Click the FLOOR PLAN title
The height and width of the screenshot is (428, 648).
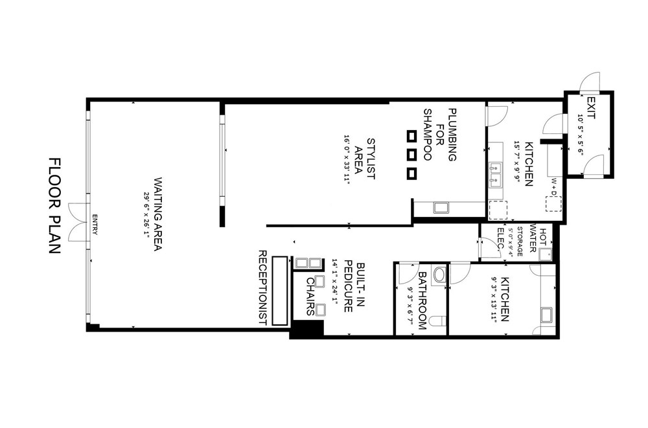coord(55,206)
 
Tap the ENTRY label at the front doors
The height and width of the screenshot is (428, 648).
coord(95,224)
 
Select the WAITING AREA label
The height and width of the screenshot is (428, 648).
coord(158,214)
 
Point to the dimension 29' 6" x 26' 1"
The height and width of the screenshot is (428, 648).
coord(146,214)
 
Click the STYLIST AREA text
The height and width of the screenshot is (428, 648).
coord(365,159)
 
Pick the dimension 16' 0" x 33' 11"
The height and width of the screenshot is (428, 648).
coord(347,159)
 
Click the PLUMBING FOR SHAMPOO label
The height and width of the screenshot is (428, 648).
coord(440,135)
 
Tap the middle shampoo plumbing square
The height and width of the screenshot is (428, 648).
coord(411,155)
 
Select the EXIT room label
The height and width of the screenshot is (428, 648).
coord(591,108)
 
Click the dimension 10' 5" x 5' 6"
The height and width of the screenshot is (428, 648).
coord(580,134)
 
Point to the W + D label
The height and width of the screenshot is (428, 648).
coord(554,186)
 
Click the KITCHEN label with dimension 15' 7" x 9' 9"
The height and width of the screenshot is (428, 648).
coord(529,164)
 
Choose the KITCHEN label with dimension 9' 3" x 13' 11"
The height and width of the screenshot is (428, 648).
coord(505,300)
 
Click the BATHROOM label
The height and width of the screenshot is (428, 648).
coord(422,300)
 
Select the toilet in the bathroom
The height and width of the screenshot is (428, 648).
coord(437,321)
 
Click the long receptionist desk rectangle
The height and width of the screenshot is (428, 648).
coord(280,291)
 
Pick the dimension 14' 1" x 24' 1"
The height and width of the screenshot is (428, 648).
coord(335,283)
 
